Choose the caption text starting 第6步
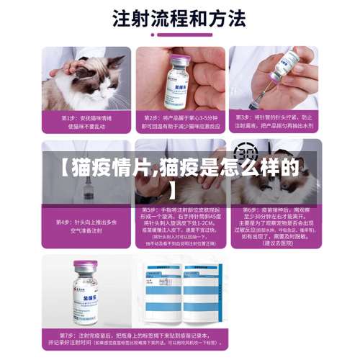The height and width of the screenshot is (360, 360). click(x=274, y=223)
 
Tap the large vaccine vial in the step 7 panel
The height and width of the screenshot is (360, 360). click(x=91, y=292)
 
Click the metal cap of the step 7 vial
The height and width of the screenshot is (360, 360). click(x=91, y=265)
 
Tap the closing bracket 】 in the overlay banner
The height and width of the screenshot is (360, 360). click(x=173, y=192)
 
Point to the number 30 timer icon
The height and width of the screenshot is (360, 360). click(x=246, y=153)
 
